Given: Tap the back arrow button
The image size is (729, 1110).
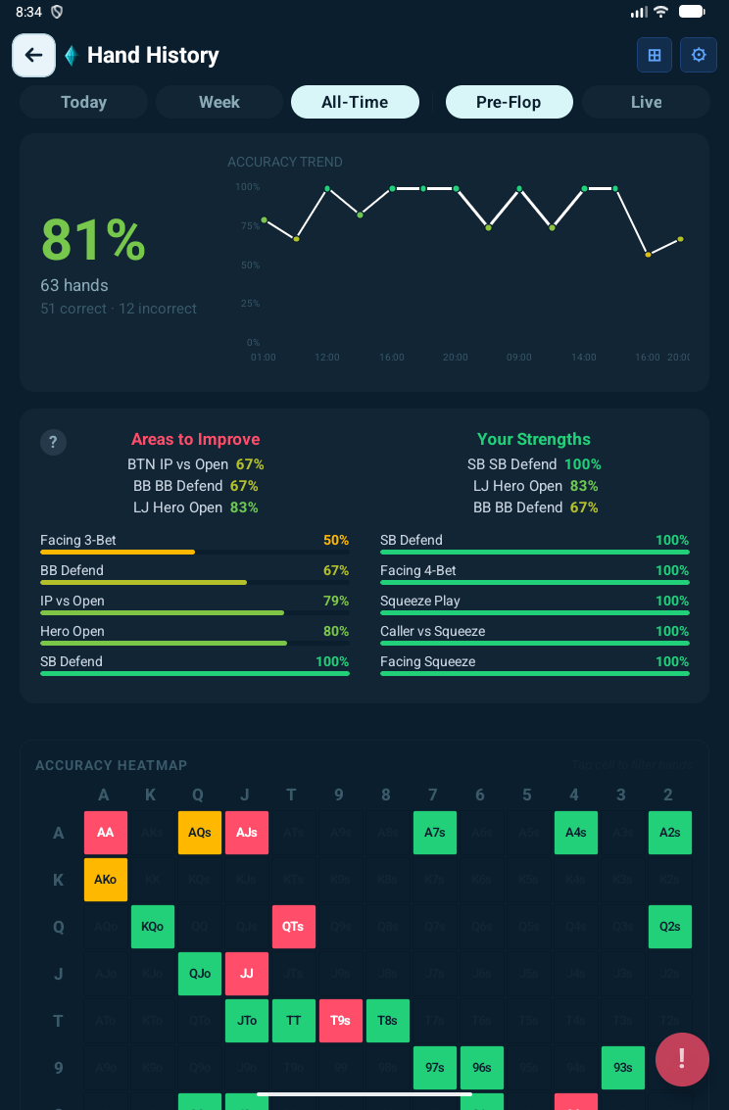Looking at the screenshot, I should [x=33, y=55].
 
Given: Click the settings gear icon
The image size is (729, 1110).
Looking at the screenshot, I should [x=699, y=55].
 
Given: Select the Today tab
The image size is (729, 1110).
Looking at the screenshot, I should [x=83, y=102].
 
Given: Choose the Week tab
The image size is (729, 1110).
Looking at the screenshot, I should [x=219, y=102].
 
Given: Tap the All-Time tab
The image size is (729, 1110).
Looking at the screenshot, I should [x=355, y=102].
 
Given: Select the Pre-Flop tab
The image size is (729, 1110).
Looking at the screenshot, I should [x=509, y=102].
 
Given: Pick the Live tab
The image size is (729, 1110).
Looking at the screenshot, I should [x=646, y=102].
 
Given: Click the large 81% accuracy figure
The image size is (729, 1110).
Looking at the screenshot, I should [x=93, y=240].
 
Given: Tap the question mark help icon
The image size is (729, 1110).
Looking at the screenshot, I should [x=53, y=442].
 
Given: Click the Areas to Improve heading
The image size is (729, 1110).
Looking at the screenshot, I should [x=196, y=439].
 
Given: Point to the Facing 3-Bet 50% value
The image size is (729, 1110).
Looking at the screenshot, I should [x=336, y=540].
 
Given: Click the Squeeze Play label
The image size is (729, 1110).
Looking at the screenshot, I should [x=420, y=601].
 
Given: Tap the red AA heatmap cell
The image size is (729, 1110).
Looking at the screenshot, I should [x=106, y=833].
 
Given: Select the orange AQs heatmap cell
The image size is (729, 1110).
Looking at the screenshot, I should [x=200, y=833].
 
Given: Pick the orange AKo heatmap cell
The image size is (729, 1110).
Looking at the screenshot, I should [x=106, y=880].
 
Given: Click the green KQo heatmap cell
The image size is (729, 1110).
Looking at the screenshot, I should [x=153, y=927].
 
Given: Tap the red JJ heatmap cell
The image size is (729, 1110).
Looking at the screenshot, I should [x=247, y=974].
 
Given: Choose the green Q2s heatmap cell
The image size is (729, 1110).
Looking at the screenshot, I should [x=670, y=927].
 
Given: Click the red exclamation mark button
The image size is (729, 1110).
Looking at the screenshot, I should [x=682, y=1060].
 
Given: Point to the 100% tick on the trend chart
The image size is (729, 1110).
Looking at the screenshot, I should [x=248, y=187].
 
